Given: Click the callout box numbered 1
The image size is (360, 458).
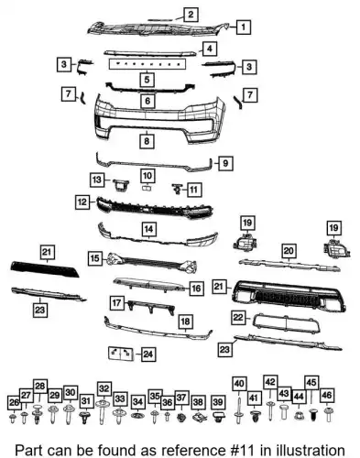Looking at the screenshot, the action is click(x=243, y=27).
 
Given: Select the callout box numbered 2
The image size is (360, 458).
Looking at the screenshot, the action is click(x=191, y=15).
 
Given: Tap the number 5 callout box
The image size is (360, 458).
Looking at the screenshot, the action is click(x=147, y=80).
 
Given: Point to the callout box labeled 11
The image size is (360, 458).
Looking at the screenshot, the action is click(x=193, y=190).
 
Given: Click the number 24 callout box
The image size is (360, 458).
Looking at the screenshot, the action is click(x=148, y=354).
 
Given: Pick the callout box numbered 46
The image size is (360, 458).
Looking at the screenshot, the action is click(x=326, y=396).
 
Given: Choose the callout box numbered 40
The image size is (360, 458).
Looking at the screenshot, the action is click(x=239, y=384).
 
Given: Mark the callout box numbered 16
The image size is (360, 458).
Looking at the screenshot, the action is click(x=196, y=289).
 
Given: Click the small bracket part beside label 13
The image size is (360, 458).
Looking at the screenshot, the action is click(x=121, y=185).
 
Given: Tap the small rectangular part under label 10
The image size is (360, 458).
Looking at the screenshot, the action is click(x=147, y=188).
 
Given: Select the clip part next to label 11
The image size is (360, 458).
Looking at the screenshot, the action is click(x=177, y=189).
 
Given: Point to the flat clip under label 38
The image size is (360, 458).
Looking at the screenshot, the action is click(x=199, y=417).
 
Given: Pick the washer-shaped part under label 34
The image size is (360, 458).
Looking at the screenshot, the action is click(x=137, y=415).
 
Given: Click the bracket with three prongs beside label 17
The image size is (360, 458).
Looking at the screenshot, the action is click(x=151, y=306).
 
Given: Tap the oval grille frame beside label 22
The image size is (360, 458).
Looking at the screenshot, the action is click(x=287, y=323).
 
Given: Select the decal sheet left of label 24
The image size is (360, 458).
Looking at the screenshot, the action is click(x=121, y=354).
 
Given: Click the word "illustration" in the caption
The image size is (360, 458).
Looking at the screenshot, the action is click(x=311, y=451).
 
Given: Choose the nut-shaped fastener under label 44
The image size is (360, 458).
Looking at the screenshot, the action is click(x=299, y=416).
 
